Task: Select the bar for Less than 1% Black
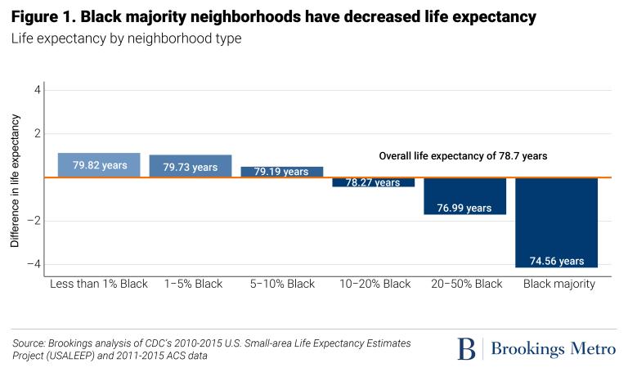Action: pos(99,165)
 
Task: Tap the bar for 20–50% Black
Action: pos(464,195)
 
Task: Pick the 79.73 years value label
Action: pos(191,168)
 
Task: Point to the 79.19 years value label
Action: pos(281,173)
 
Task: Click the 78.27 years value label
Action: pos(373,183)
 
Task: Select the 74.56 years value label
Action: pos(556,262)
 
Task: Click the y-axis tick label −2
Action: pos(34,221)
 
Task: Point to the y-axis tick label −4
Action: pos(34,264)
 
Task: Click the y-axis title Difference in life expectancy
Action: pos(15,182)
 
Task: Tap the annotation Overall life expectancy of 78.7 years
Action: pos(463,155)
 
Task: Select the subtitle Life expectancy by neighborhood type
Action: pos(126,38)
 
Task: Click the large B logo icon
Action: pos(466,349)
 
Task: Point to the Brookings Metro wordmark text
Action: pos(553,349)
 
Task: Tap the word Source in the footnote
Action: pos(29,343)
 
